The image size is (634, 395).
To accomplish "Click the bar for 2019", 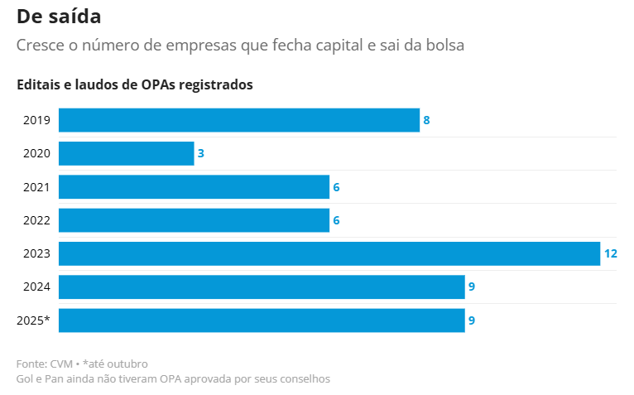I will [238, 120].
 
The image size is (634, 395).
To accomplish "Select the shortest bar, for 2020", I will [126, 153].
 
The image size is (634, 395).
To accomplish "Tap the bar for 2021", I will [194, 187].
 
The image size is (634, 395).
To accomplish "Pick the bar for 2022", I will [194, 220].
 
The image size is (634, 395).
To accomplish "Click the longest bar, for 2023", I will [329, 253].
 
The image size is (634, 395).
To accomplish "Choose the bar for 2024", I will [262, 287].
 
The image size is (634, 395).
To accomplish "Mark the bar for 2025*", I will [262, 320].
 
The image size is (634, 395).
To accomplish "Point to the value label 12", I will [611, 253].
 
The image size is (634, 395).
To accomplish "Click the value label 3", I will [201, 153].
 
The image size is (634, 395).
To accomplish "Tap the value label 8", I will [426, 120].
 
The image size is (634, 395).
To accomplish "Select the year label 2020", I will [37, 153].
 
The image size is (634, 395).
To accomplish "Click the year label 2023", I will [37, 253].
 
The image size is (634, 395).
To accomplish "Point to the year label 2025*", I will [34, 320].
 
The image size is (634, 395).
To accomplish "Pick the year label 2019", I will [37, 120].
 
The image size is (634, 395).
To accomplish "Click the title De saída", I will [60, 16].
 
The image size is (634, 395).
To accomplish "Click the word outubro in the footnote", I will [127, 364].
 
